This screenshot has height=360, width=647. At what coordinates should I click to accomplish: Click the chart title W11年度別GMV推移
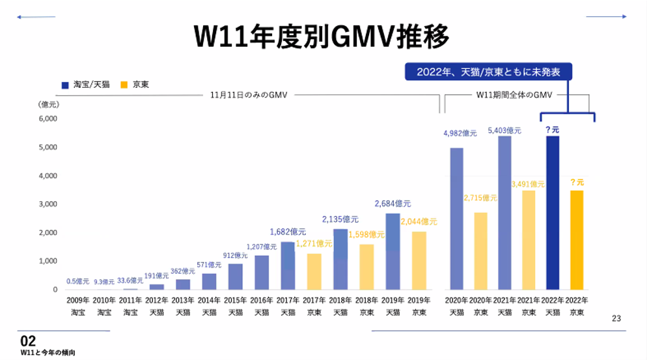pos(322,37)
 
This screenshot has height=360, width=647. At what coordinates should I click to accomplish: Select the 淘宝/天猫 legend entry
pos(86,85)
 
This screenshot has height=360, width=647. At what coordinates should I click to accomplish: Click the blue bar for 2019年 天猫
pos(392,251)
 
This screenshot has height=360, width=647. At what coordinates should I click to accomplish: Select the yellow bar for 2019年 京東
pos(418,260)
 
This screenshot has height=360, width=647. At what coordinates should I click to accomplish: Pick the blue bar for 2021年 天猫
pos(504,212)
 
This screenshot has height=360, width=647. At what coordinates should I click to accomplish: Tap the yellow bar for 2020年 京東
pos(480,251)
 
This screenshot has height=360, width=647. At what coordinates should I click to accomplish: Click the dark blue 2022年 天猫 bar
pos(552,212)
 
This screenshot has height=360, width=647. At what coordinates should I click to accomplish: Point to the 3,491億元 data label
pos(529,184)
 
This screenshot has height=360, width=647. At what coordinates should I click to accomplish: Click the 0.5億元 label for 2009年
pos(78,281)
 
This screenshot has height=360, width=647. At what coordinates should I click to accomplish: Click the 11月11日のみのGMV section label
pos(249,95)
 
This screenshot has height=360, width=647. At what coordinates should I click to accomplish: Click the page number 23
pos(616,318)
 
